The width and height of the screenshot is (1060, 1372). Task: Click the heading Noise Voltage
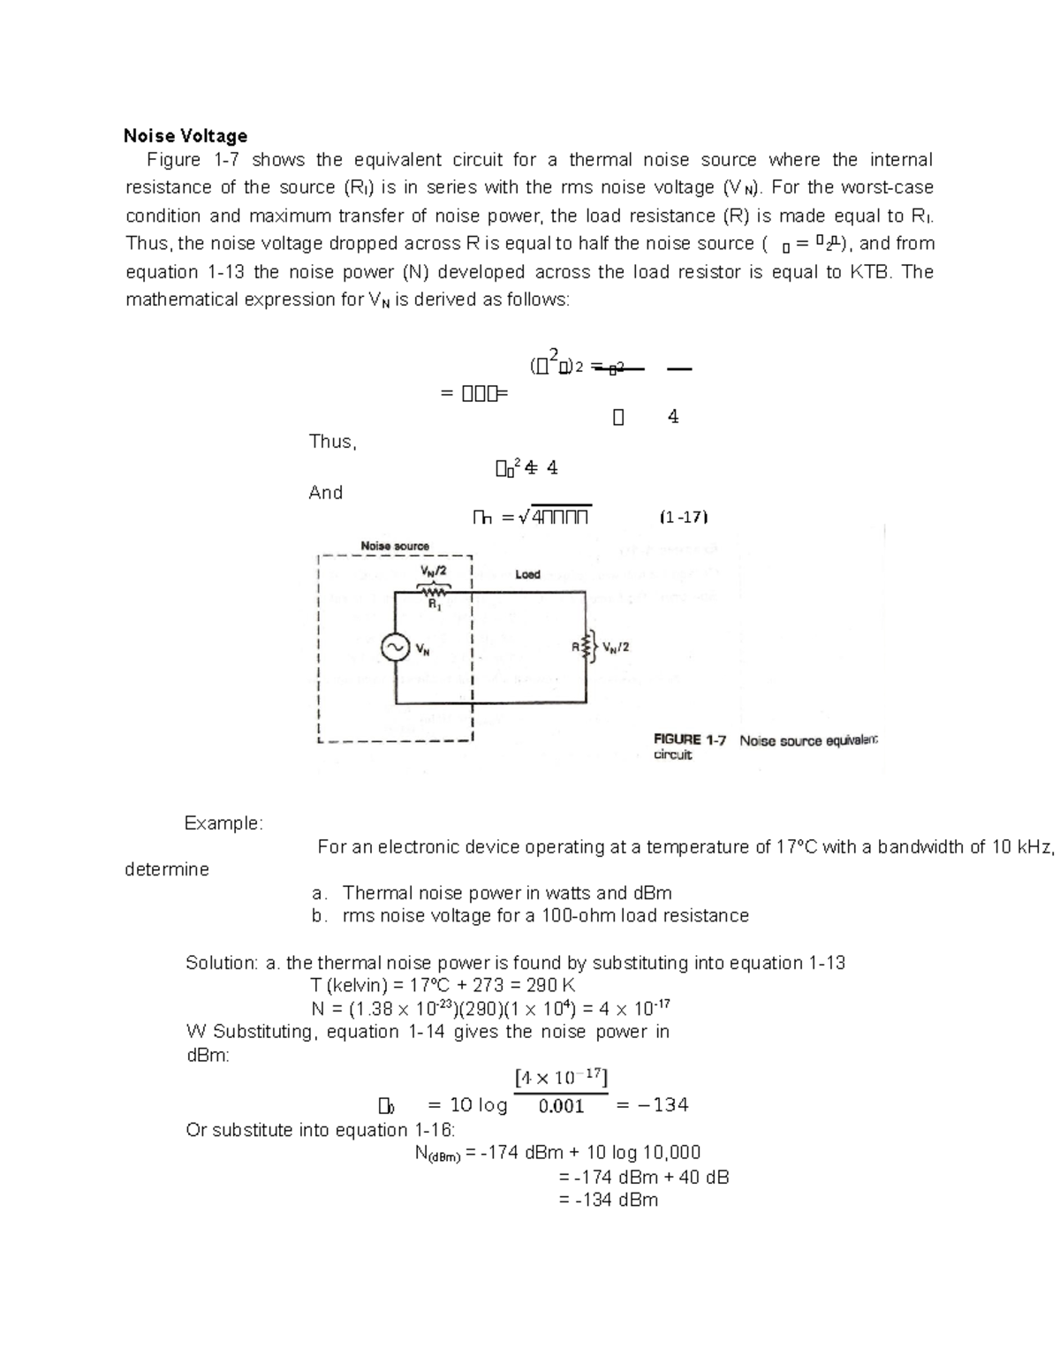click(185, 136)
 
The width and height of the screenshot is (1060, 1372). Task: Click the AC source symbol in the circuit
click(394, 648)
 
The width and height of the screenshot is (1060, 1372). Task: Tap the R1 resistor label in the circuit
click(435, 605)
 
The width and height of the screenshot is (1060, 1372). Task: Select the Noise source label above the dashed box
click(395, 546)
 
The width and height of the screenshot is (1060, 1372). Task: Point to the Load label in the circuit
click(527, 574)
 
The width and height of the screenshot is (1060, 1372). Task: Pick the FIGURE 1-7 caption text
click(689, 740)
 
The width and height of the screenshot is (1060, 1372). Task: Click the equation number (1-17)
click(684, 517)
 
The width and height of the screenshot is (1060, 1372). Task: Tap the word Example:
click(223, 823)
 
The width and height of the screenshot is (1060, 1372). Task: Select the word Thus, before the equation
click(332, 442)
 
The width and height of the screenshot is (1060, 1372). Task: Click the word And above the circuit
click(325, 493)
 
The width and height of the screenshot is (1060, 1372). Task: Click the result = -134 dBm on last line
click(609, 1200)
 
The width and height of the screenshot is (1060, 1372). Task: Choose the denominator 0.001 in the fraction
click(561, 1106)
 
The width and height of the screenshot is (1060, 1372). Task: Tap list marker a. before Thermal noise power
click(319, 893)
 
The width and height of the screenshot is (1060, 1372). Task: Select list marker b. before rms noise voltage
click(319, 916)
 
